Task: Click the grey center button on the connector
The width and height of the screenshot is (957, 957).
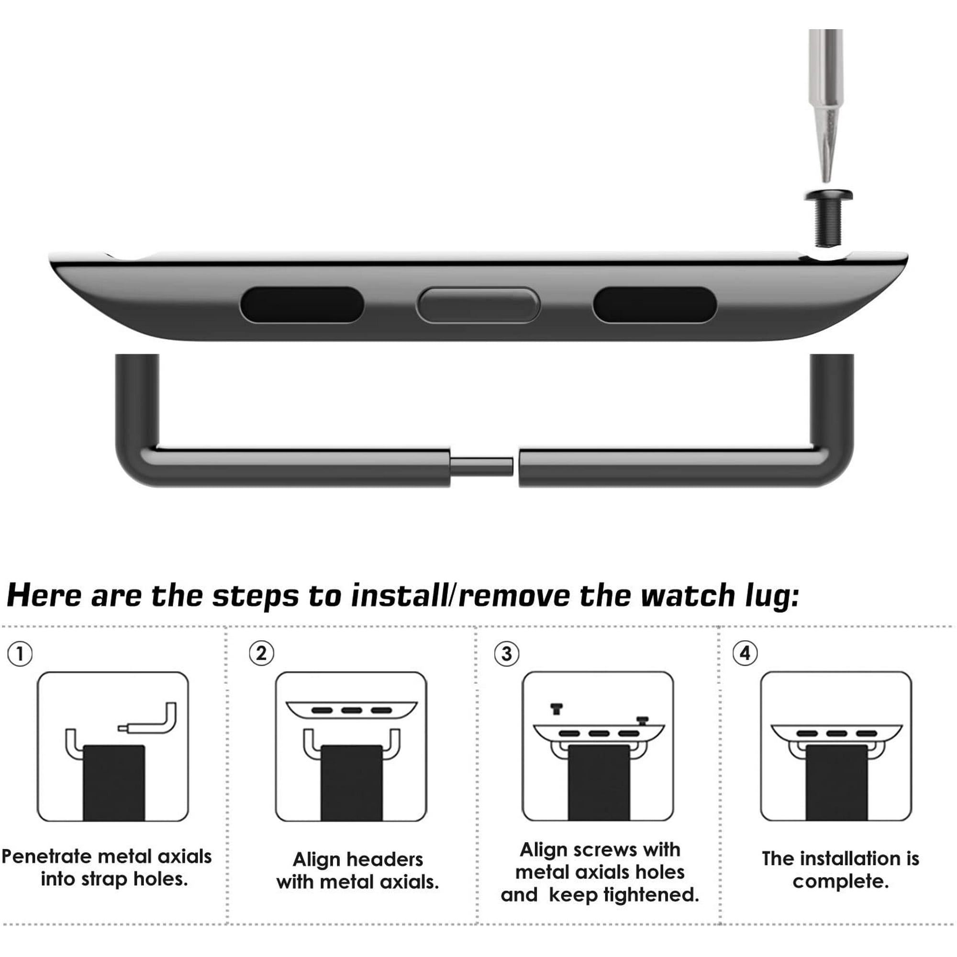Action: (x=478, y=305)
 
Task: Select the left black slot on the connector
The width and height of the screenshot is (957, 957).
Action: (x=301, y=305)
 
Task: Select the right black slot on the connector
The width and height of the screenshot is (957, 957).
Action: (x=654, y=305)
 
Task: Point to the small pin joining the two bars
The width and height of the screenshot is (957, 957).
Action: (x=481, y=466)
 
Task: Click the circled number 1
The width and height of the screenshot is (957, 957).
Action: (x=20, y=654)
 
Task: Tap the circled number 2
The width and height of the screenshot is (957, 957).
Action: (x=261, y=653)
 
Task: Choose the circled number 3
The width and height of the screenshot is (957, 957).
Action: (x=507, y=654)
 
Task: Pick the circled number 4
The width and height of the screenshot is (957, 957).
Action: (x=745, y=654)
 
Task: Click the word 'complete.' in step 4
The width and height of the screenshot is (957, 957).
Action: (x=841, y=882)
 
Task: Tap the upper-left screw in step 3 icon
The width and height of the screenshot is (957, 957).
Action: (x=556, y=708)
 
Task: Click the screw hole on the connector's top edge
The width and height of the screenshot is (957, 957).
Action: (x=828, y=256)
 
